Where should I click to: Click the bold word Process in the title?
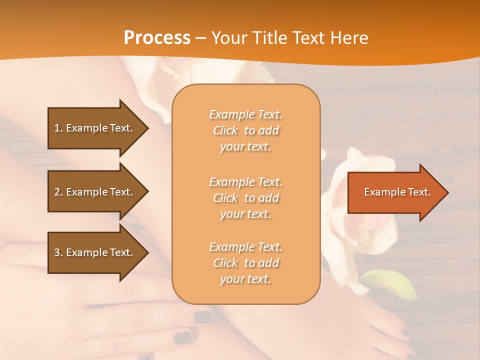tap(157, 37)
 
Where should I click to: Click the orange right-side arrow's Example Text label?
tap(397, 192)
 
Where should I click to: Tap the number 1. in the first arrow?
tap(58, 128)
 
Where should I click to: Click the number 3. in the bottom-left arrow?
tap(58, 252)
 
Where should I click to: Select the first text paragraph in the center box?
tap(245, 130)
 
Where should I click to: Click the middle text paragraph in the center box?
tap(245, 197)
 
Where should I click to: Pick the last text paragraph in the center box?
tap(245, 263)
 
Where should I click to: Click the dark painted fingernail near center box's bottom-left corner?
tap(202, 317)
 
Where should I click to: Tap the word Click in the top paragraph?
tap(225, 130)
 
